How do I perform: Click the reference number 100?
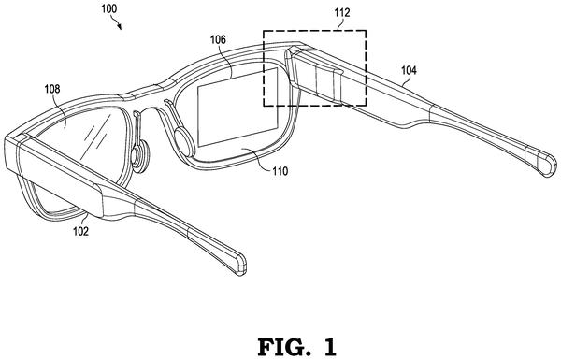tap(109, 8)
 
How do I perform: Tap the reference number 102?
tap(80, 232)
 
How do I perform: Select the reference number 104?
tap(409, 70)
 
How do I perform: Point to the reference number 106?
tap(218, 39)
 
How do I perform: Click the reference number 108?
tap(52, 89)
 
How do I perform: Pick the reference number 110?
tap(280, 171)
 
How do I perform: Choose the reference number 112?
tap(342, 13)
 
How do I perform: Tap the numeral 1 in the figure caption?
tap(330, 347)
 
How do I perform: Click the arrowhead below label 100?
tap(120, 27)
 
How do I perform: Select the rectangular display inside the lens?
tap(237, 107)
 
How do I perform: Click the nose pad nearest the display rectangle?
tap(184, 142)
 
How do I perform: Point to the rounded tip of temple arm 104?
tap(547, 164)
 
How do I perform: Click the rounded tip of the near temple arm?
tap(239, 265)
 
